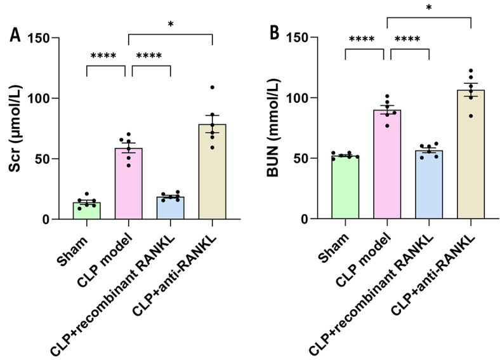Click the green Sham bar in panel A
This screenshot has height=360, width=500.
coord(87,211)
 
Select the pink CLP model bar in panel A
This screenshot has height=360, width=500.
coord(129,183)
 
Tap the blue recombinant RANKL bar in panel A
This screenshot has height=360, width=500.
coord(170,208)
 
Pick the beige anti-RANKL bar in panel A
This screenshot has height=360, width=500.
coord(213,171)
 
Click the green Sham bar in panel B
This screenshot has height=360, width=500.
coord(345,187)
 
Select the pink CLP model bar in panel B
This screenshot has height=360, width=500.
coord(387,164)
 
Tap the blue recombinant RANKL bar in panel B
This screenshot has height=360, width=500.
coord(429,185)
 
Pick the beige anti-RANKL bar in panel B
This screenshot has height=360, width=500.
coord(471,154)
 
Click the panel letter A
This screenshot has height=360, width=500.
coord(15,35)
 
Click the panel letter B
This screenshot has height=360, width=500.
coord(274,33)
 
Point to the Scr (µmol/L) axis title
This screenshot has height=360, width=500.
coord(15,129)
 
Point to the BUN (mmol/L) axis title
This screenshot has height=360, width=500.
coord(273,128)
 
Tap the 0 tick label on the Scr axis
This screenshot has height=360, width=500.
coord(45,220)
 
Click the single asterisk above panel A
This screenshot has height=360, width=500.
coord(171,24)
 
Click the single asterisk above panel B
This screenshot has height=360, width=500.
coord(429,8)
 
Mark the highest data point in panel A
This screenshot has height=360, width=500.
coord(213,87)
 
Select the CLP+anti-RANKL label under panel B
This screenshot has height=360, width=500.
coord(433,276)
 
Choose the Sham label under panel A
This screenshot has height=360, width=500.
coord(72,251)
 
